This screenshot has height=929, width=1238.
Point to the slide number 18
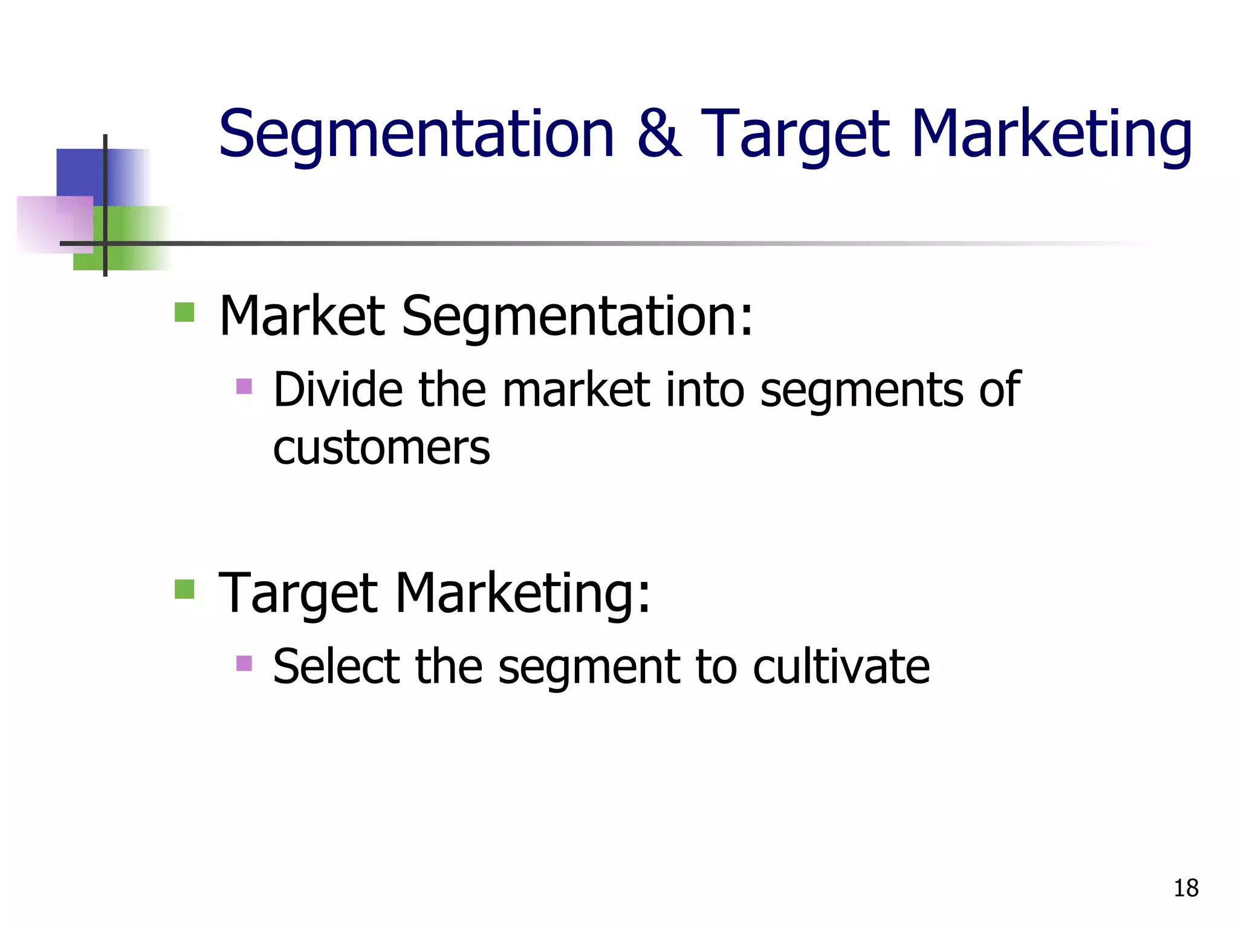point(1185,888)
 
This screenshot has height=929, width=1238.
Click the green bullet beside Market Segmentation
point(184,313)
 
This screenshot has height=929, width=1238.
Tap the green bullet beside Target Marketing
point(184,589)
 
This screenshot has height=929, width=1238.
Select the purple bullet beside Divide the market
point(244,386)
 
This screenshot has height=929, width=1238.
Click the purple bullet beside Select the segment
point(244,663)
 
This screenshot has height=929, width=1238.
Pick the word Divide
point(337,390)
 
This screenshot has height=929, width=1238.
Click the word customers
point(381,448)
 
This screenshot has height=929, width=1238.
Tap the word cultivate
point(841,667)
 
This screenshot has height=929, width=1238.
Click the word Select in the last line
point(336,667)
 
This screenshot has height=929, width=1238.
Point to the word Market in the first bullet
point(302,316)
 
